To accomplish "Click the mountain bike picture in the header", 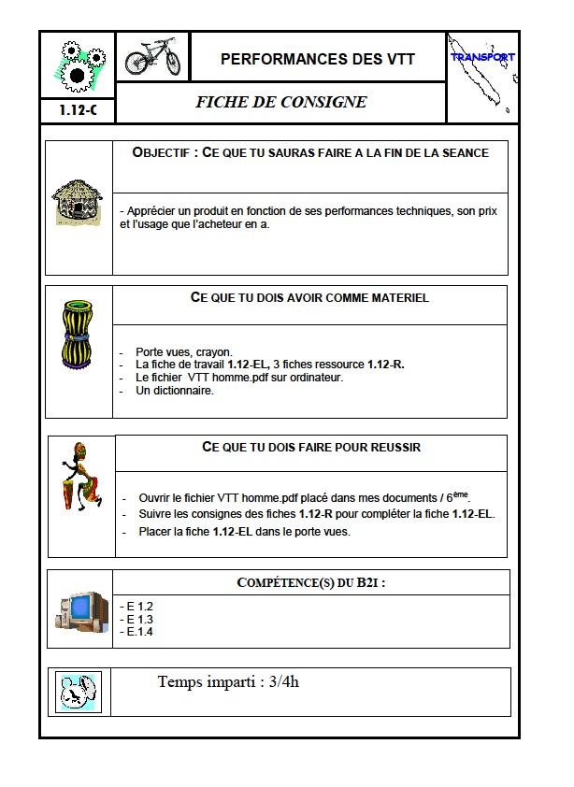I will [152, 57].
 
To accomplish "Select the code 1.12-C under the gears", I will [78, 109].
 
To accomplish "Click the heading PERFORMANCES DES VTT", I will [318, 60].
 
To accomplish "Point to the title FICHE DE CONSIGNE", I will [280, 102].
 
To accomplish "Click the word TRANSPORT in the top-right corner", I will [482, 57].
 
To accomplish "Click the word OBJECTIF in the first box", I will [162, 152].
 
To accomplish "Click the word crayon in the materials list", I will [214, 351].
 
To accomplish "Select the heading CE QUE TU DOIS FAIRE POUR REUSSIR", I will [311, 448].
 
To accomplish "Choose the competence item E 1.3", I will [137, 619].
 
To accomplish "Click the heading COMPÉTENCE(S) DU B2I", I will [311, 583].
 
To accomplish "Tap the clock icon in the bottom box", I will [78, 692].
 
